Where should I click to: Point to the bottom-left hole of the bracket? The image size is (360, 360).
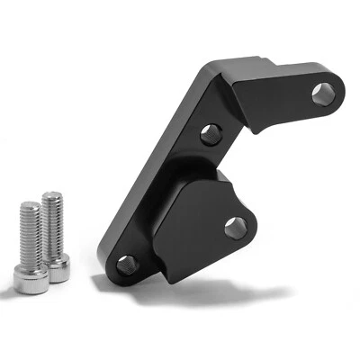(126, 265)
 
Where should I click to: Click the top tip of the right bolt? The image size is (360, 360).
(51, 193)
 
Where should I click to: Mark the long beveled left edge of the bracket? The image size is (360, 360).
(148, 171)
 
